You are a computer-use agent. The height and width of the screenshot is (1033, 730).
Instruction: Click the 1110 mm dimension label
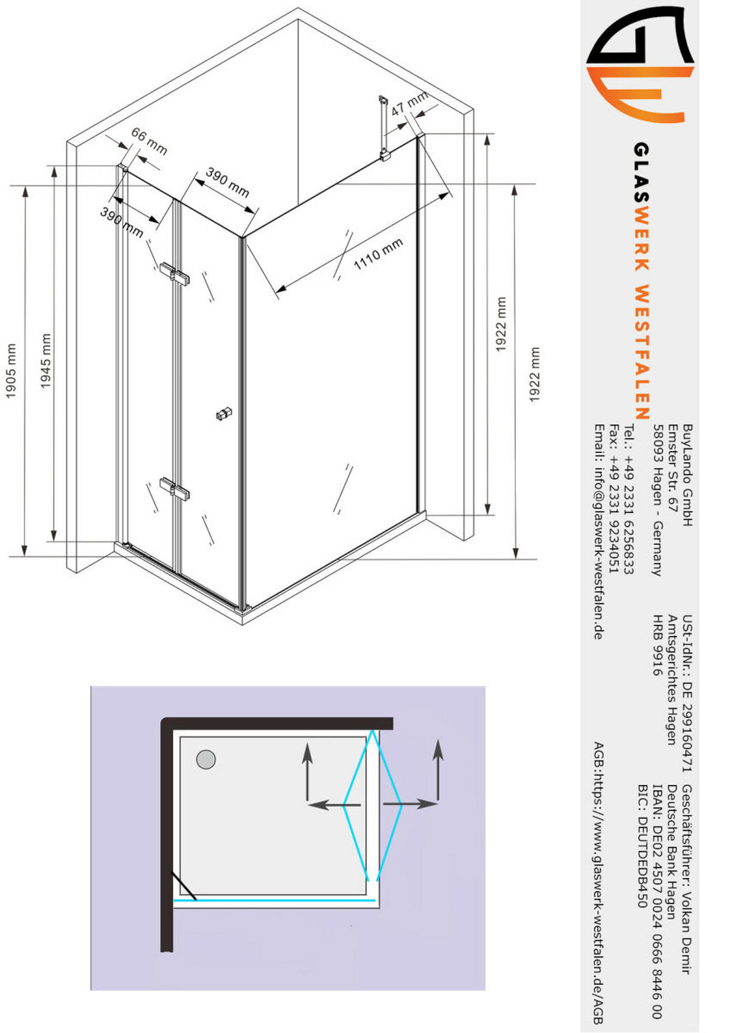click(x=378, y=254)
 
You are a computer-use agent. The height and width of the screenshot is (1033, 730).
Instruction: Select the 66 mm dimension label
click(x=149, y=140)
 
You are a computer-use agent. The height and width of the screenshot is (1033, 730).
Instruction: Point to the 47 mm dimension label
click(x=409, y=104)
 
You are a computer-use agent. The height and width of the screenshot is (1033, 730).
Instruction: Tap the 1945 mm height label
click(x=46, y=361)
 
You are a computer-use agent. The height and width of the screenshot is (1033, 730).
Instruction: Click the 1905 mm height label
click(x=11, y=371)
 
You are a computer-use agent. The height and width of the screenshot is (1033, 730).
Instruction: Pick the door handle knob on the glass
click(x=224, y=413)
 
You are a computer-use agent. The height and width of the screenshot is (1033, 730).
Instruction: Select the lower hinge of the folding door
click(x=175, y=489)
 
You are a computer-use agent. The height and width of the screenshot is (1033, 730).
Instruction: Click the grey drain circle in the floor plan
click(x=206, y=759)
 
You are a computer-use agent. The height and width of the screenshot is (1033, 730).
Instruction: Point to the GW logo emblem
click(x=641, y=64)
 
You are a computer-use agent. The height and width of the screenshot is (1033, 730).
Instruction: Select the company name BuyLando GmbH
click(x=687, y=475)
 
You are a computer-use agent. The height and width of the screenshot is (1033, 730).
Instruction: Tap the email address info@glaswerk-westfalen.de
click(x=599, y=532)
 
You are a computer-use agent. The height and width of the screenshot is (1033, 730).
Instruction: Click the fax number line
click(x=614, y=499)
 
